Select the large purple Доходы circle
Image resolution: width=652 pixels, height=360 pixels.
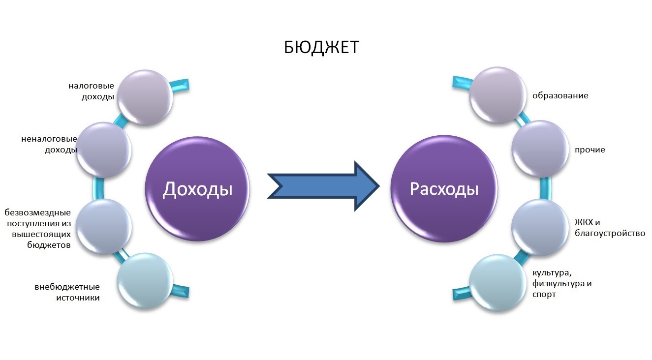pos(197,189)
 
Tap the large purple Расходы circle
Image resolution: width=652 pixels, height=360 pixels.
pos(444,189)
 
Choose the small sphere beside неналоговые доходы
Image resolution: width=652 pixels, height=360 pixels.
pos(104,150)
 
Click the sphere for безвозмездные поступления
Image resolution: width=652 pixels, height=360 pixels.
pos(104,227)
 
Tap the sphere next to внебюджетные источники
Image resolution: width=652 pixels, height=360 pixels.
pos(145,281)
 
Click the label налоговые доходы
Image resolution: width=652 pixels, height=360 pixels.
pos(92,91)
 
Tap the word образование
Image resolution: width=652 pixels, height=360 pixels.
pos(560,96)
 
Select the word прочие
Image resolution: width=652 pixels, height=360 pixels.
pos(590,150)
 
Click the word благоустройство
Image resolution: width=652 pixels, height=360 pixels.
pos(610,234)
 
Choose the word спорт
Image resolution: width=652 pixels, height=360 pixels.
pos(544,294)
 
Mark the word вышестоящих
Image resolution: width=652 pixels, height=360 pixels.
pos(42,234)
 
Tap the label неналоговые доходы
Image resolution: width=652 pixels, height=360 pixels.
pos(49,145)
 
